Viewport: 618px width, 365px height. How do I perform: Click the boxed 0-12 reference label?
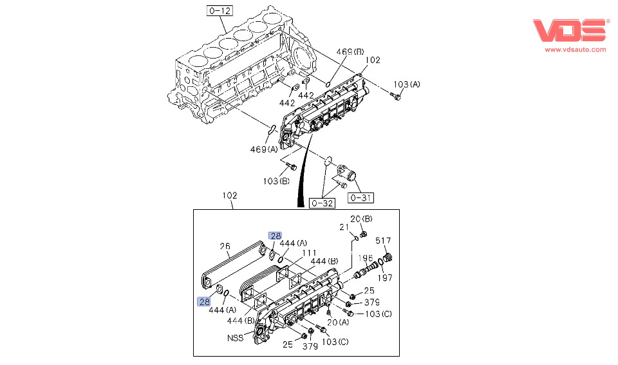[219, 10]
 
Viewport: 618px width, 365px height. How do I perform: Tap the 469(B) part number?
[350, 51]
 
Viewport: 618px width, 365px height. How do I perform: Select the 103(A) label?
[406, 84]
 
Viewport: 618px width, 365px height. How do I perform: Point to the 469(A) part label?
[264, 149]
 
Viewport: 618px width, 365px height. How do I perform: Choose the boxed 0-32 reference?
[322, 203]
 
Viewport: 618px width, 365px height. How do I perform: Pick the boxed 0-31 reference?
[360, 197]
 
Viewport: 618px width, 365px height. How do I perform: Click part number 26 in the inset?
[225, 245]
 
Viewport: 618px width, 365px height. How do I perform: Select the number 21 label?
[344, 227]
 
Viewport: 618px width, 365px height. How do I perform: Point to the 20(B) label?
[361, 218]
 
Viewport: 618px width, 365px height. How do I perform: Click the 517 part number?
[383, 241]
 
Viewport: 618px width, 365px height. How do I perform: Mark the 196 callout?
[366, 258]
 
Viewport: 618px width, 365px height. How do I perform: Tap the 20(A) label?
[337, 322]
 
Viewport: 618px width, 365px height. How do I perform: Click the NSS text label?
[234, 337]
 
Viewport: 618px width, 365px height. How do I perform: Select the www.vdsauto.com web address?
[576, 49]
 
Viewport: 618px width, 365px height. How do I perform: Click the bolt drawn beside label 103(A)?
[395, 97]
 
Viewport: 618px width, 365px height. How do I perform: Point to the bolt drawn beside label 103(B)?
[291, 167]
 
